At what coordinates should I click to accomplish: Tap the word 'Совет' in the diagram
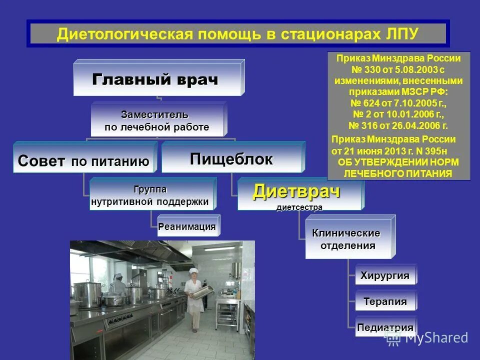[41, 161]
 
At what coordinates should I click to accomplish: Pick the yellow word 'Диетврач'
[296, 192]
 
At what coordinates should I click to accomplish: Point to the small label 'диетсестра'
[299, 207]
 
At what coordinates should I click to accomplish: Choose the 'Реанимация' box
[187, 226]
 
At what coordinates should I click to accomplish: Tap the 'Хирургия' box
[385, 275]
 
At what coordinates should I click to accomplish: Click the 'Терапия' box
[385, 301]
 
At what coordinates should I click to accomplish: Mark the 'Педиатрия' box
[385, 328]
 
